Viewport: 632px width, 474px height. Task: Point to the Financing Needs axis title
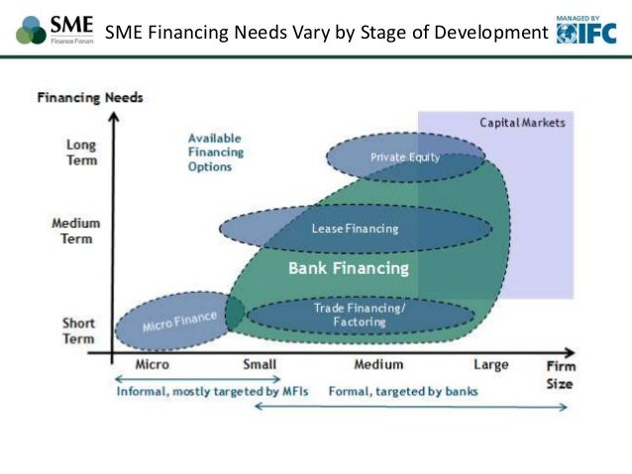tap(90, 98)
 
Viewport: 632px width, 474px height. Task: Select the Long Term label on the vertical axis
tap(81, 152)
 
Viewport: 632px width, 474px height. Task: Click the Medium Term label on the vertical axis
tap(75, 231)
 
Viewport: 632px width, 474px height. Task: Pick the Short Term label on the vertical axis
tap(79, 331)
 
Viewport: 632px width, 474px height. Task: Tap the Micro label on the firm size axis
tap(152, 364)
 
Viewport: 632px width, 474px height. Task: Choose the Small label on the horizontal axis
tap(260, 364)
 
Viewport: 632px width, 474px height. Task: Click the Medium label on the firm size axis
tap(378, 364)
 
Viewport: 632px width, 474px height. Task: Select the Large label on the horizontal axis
tap(490, 364)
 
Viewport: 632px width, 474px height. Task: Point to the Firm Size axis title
tap(560, 375)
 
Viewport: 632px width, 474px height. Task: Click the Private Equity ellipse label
tap(405, 157)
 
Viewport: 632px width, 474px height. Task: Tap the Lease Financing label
tap(355, 230)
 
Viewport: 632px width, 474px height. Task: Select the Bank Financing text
tap(348, 268)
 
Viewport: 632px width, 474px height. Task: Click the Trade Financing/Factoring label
tap(360, 315)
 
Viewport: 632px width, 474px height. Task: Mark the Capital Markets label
tap(522, 123)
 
